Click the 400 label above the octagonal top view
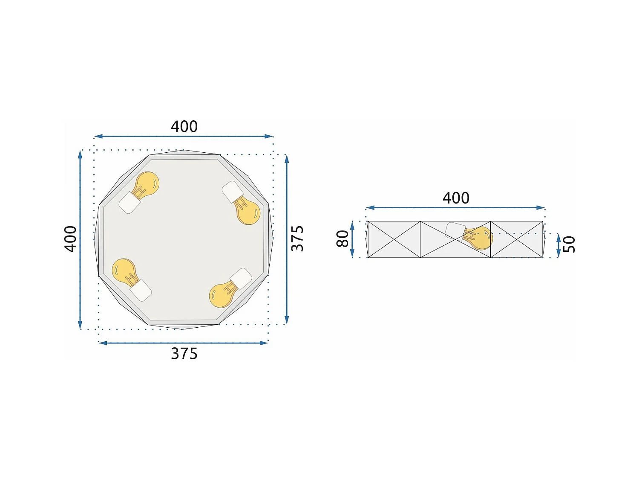[184, 127]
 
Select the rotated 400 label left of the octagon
[71, 239]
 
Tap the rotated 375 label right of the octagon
[297, 239]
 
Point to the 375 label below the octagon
[184, 354]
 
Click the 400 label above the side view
[456, 198]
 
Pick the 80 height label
[343, 239]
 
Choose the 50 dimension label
[569, 244]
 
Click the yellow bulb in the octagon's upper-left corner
[146, 185]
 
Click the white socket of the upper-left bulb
[130, 203]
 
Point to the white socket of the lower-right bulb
[241, 279]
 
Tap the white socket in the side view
[455, 231]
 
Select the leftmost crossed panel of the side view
[394, 239]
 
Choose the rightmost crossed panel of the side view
[517, 239]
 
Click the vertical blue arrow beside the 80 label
[352, 239]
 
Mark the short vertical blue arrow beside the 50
[558, 245]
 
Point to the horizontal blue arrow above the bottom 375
[183, 343]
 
